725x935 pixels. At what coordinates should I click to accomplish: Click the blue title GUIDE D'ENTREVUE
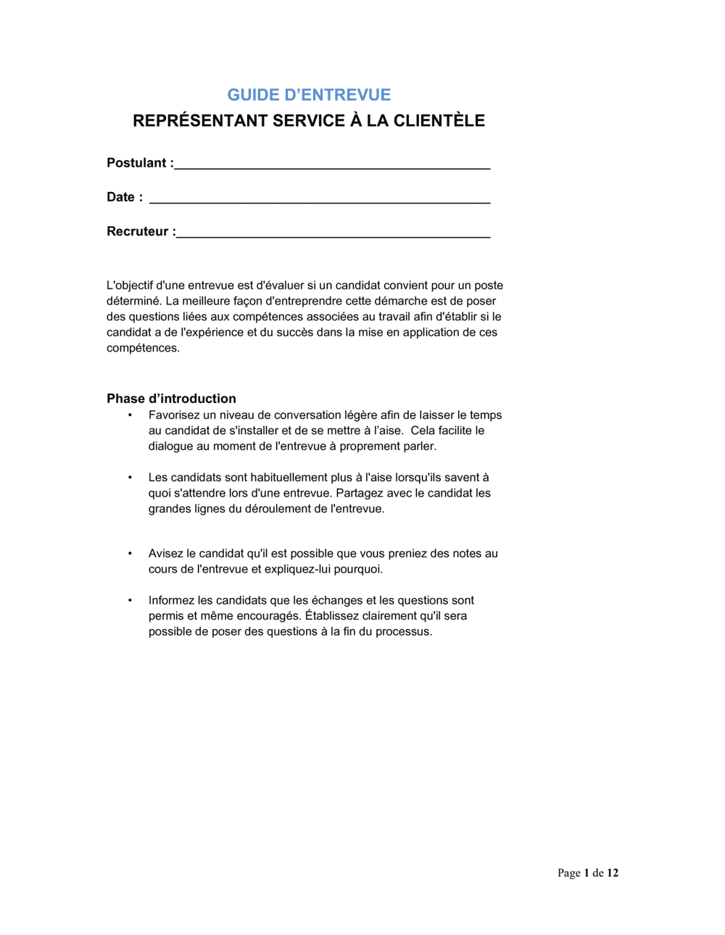[309, 95]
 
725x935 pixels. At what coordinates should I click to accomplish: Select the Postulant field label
[140, 163]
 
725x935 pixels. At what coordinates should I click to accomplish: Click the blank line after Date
[319, 200]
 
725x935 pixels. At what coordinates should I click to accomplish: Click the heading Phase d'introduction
[171, 399]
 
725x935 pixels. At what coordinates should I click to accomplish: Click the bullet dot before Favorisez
[130, 415]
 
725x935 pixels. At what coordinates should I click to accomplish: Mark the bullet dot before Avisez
[130, 554]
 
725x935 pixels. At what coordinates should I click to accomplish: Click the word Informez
[171, 601]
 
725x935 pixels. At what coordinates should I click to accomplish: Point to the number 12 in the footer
[613, 873]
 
